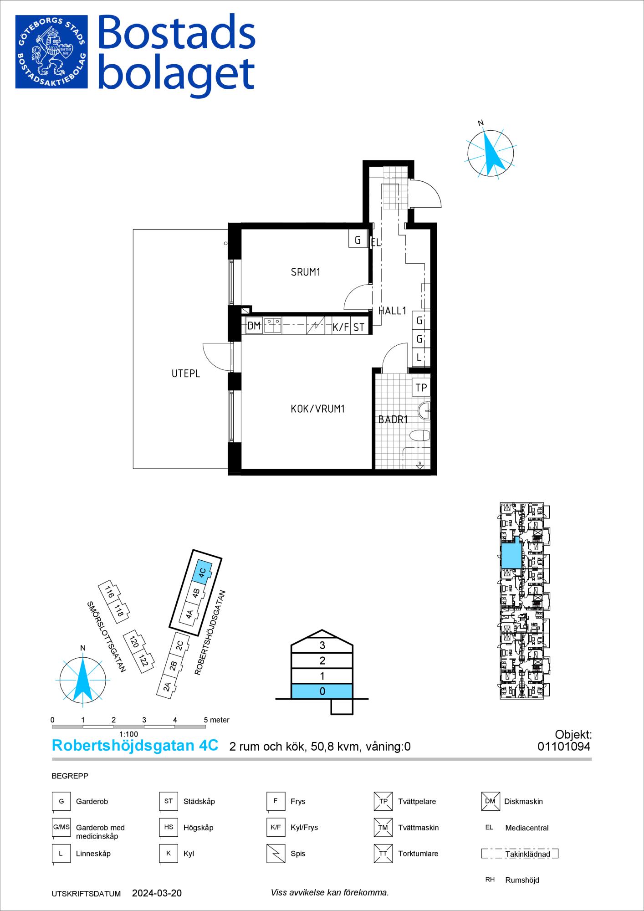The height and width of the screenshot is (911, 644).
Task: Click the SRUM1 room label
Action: pyautogui.click(x=306, y=272)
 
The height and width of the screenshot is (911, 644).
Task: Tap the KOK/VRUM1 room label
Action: pyautogui.click(x=317, y=409)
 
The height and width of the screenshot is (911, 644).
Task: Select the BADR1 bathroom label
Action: pyautogui.click(x=393, y=420)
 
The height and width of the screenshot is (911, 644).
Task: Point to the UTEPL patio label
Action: pyautogui.click(x=186, y=374)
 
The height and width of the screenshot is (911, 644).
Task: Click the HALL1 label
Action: pyautogui.click(x=392, y=311)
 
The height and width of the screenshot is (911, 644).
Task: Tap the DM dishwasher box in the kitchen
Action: pyautogui.click(x=254, y=326)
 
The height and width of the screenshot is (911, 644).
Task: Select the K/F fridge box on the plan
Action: pyautogui.click(x=341, y=327)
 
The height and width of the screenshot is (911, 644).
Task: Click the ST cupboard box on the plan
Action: pyautogui.click(x=359, y=327)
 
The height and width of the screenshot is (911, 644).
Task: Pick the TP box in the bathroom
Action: pyautogui.click(x=421, y=387)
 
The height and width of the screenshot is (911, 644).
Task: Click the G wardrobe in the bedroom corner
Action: pyautogui.click(x=358, y=239)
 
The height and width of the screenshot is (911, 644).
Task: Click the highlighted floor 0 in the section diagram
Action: pyautogui.click(x=322, y=691)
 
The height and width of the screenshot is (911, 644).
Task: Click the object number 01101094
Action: pyautogui.click(x=564, y=747)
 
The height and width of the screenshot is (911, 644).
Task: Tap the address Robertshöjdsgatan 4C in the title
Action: pyautogui.click(x=135, y=746)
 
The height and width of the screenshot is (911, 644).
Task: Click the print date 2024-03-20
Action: pyautogui.click(x=157, y=893)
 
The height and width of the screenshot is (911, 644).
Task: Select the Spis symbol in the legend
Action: pyautogui.click(x=276, y=854)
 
